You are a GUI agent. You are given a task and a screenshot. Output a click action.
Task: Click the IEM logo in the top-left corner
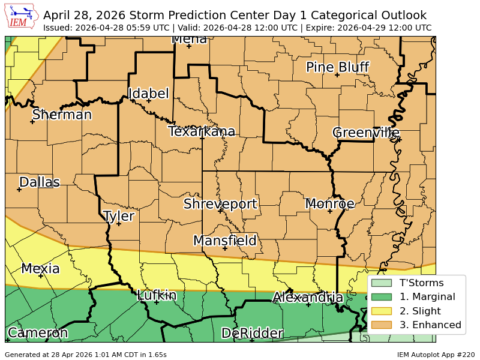(x=22, y=16)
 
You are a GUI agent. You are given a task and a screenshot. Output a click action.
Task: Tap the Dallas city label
(x=40, y=182)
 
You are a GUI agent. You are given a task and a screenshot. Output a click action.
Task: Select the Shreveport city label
(x=220, y=204)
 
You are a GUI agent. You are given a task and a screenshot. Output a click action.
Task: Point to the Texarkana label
(x=202, y=131)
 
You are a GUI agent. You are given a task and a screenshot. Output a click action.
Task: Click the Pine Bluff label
(x=337, y=67)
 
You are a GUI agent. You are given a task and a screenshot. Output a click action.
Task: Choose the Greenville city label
(x=365, y=133)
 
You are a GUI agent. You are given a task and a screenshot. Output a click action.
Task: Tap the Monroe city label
(x=330, y=204)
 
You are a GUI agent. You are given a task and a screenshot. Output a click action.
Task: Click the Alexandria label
(x=308, y=298)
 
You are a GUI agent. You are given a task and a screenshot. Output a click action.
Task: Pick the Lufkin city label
(x=157, y=295)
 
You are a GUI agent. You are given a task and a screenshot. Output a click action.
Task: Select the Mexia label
(x=40, y=269)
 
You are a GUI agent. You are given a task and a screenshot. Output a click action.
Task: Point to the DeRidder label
(x=252, y=334)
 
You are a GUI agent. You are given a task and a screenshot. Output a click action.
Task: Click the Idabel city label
(x=148, y=94)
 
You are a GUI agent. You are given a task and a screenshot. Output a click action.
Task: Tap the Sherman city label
(x=62, y=115)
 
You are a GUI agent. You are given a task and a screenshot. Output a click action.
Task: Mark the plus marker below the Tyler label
(x=119, y=224)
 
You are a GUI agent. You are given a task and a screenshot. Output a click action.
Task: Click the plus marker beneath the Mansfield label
(x=225, y=248)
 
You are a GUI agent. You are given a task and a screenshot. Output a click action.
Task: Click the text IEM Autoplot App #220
(x=436, y=355)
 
